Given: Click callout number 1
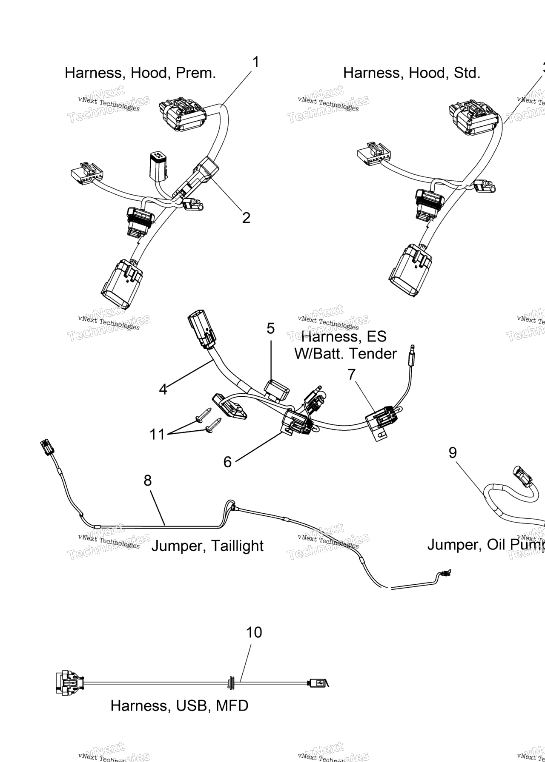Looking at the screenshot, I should click(255, 63).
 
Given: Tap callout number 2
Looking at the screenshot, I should click(246, 218).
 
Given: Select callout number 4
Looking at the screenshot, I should click(163, 389).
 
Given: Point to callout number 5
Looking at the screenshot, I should click(271, 329).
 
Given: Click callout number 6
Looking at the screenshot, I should click(227, 462).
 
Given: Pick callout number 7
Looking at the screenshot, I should click(351, 374).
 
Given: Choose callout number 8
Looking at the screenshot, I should click(147, 481).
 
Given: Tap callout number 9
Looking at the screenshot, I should click(453, 452).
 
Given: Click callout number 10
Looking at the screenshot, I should click(254, 632).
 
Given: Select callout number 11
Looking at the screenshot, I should click(157, 435).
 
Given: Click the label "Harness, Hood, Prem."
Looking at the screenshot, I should click(140, 73).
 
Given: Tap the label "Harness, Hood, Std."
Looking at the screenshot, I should click(411, 73).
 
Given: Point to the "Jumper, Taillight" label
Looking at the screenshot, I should click(207, 546).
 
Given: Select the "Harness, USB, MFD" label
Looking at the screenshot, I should click(179, 706).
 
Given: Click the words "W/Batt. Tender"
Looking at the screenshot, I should click(345, 353).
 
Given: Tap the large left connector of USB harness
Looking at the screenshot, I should click(69, 682).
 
